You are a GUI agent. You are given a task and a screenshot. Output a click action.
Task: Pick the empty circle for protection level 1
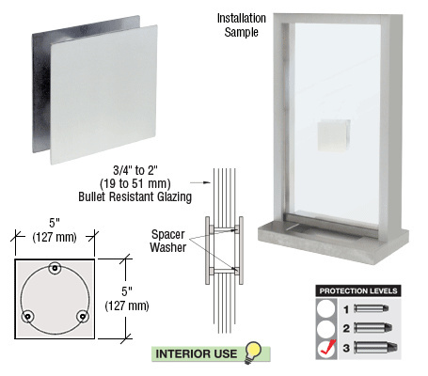[325, 307]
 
